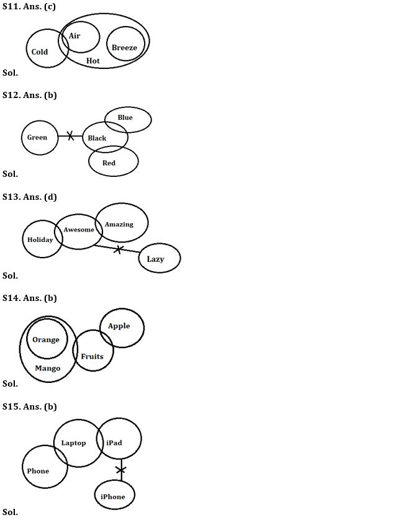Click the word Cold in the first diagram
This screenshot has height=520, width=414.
(x=40, y=52)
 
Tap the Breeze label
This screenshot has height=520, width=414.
(x=125, y=48)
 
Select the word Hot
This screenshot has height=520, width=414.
(x=93, y=61)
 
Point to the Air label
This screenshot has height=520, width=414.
(x=74, y=36)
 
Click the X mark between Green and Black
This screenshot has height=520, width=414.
(x=70, y=135)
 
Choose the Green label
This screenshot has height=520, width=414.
(x=37, y=137)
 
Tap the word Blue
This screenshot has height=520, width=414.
(x=125, y=117)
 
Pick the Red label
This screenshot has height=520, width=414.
(x=109, y=163)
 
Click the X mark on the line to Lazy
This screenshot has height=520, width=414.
(x=118, y=249)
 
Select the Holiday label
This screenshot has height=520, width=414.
(x=40, y=240)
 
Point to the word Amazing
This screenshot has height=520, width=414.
(x=119, y=224)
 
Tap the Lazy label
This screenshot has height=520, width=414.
(x=156, y=259)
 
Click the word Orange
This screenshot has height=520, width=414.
(x=46, y=339)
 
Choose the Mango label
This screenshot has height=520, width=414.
(x=48, y=369)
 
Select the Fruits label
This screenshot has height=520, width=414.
(x=92, y=356)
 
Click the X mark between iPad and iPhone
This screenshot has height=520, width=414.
(x=121, y=469)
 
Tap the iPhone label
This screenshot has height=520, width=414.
(x=113, y=496)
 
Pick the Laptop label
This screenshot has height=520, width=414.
(x=74, y=443)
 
